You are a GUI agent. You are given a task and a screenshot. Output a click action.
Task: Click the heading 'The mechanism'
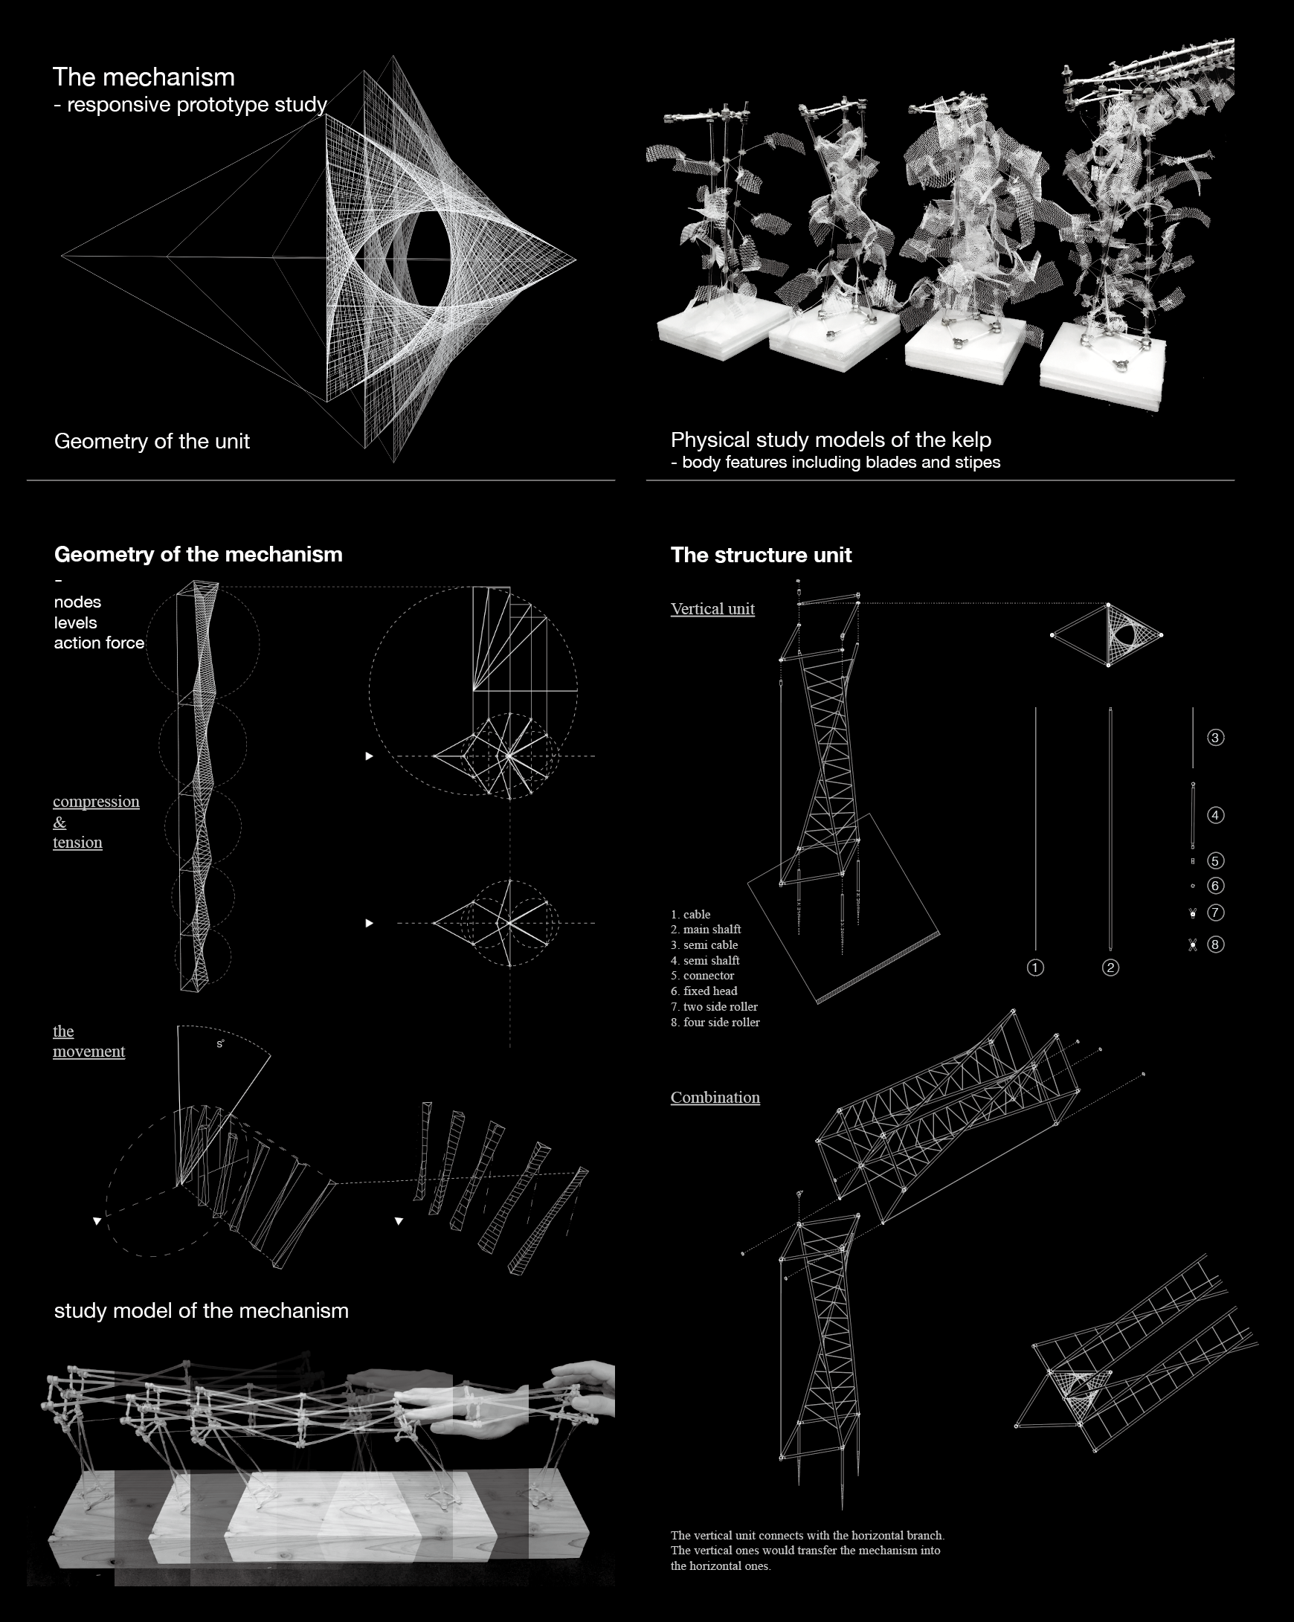click(x=144, y=77)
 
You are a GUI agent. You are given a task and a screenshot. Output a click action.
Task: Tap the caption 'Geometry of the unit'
click(x=152, y=442)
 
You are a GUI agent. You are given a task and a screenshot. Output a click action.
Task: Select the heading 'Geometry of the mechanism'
click(x=198, y=556)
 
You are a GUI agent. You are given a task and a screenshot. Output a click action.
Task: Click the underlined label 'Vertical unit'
click(x=712, y=609)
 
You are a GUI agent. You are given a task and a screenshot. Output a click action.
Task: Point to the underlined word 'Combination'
click(x=715, y=1098)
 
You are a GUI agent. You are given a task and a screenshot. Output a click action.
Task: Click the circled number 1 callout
click(x=1035, y=968)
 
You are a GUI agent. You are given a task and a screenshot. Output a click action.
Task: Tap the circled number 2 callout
click(x=1110, y=968)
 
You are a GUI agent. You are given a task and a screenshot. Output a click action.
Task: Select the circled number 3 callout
click(x=1215, y=738)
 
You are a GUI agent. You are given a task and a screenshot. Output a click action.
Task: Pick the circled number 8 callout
click(x=1215, y=944)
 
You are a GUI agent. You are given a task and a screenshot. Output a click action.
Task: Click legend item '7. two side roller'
click(x=714, y=1007)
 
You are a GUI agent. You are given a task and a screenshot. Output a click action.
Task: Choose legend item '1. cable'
click(x=691, y=915)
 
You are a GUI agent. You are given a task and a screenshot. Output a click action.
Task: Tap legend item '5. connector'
click(x=703, y=976)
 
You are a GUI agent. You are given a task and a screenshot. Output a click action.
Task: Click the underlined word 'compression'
click(x=96, y=802)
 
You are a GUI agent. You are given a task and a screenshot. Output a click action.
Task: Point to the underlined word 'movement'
click(x=88, y=1052)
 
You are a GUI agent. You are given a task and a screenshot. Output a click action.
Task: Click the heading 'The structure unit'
click(x=761, y=556)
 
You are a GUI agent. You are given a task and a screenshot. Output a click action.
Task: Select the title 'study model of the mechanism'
click(x=201, y=1311)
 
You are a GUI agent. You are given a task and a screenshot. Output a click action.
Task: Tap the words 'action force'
click(x=100, y=643)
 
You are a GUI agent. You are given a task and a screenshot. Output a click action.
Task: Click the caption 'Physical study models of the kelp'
click(x=831, y=440)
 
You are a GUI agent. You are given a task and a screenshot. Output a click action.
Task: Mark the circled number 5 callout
click(x=1215, y=860)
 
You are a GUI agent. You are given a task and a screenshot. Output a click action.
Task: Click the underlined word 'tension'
click(x=77, y=843)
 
